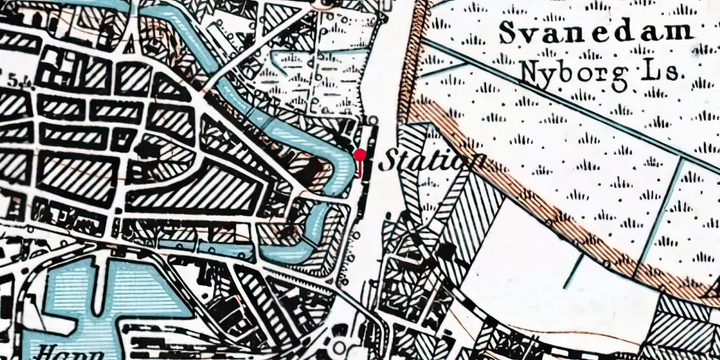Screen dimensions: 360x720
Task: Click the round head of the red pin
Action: click(x=360, y=154)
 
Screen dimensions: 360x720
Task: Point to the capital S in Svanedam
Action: click(x=508, y=32)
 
